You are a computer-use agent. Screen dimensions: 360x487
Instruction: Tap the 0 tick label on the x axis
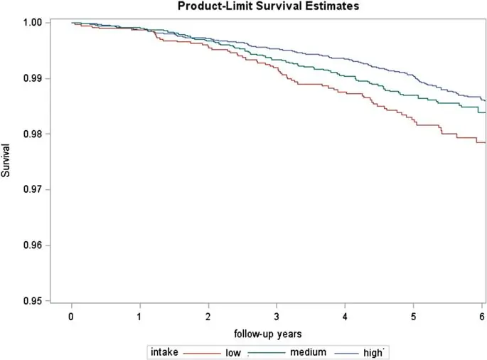pyautogui.click(x=72, y=315)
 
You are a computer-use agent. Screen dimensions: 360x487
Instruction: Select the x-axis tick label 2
pyautogui.click(x=208, y=315)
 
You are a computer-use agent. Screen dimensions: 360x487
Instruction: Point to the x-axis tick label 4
pyautogui.click(x=345, y=315)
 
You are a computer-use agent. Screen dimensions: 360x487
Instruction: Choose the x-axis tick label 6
pyautogui.click(x=481, y=315)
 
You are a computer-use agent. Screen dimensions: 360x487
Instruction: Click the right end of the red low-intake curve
pyautogui.click(x=484, y=143)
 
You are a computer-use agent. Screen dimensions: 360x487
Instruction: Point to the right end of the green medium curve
pyautogui.click(x=484, y=112)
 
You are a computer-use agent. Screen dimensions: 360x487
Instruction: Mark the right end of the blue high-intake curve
pyautogui.click(x=484, y=100)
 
